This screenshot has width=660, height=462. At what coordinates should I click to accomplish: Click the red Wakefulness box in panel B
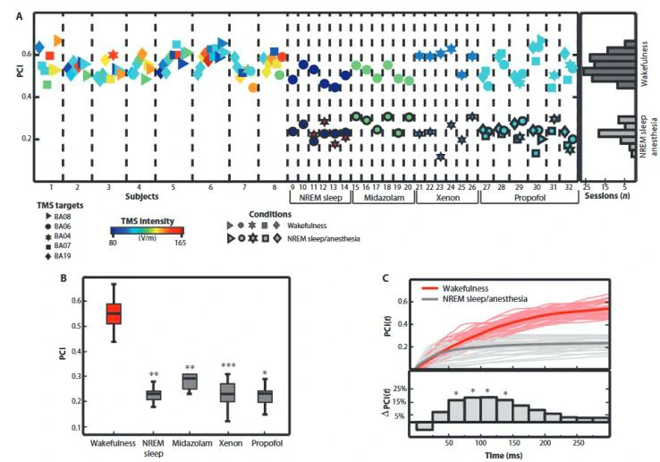(x=114, y=313)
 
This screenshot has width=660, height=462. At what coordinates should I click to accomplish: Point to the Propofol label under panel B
(x=265, y=444)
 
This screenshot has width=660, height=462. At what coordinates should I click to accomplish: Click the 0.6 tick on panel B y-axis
(x=77, y=300)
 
